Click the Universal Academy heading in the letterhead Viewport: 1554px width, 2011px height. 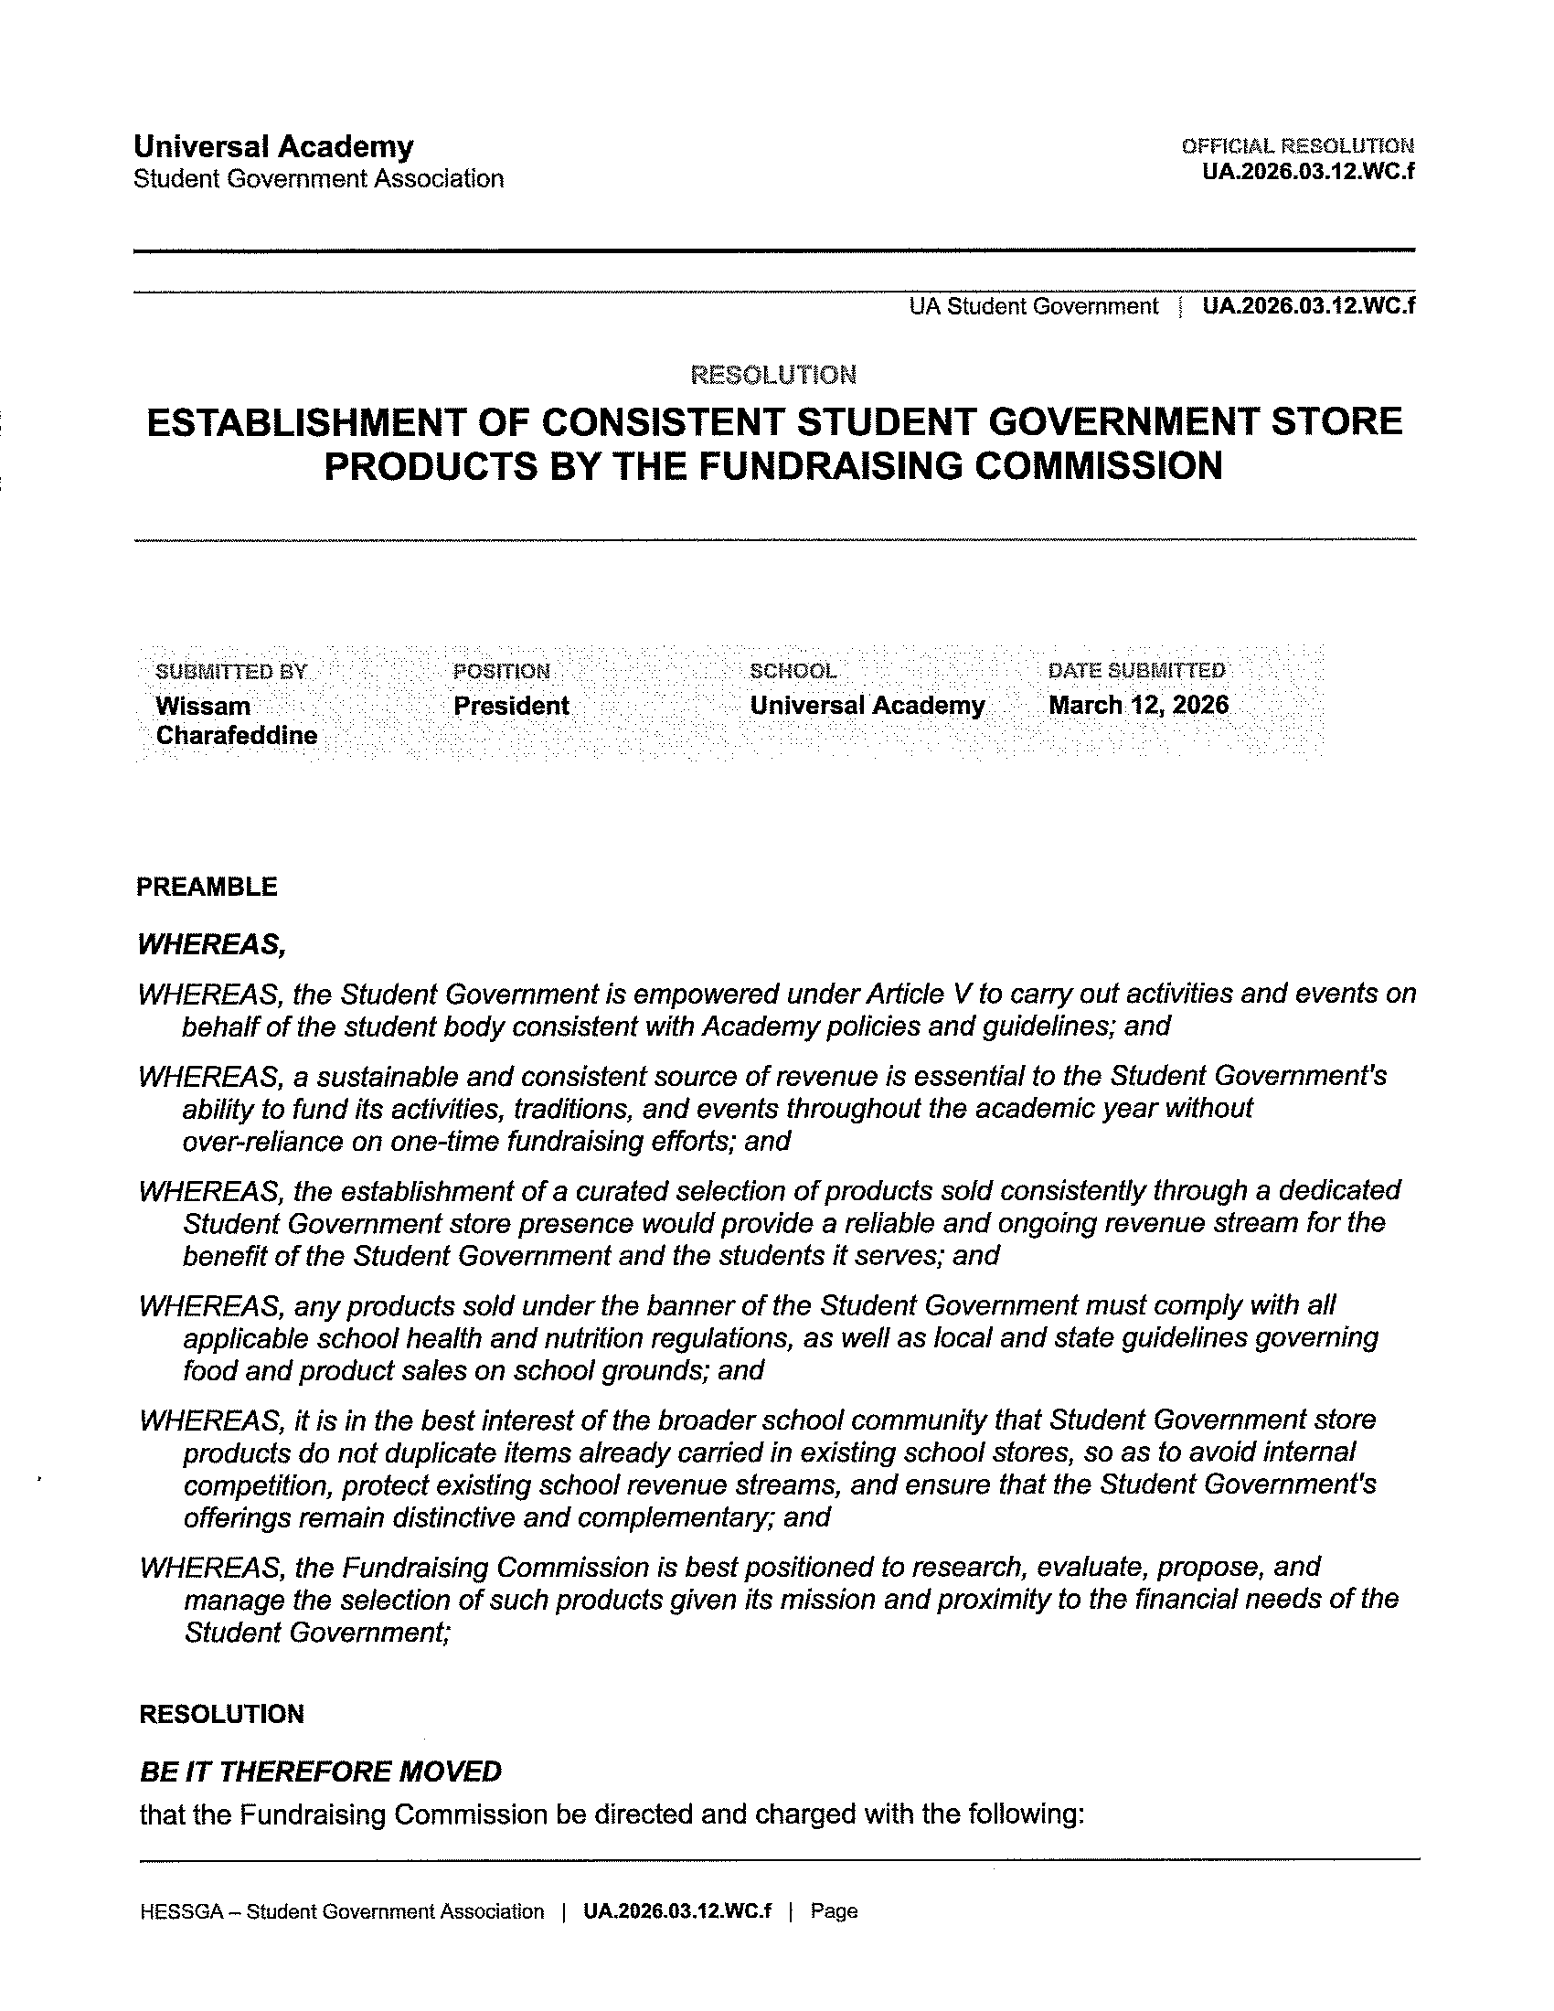click(x=273, y=146)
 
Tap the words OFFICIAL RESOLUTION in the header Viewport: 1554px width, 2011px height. click(x=1297, y=145)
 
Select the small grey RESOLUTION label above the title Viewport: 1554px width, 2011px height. click(x=773, y=375)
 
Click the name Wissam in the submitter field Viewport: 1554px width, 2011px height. click(x=203, y=707)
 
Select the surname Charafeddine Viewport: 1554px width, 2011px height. click(x=237, y=736)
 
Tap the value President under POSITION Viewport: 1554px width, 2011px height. click(x=511, y=707)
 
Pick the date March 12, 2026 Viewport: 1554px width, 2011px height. click(x=1138, y=706)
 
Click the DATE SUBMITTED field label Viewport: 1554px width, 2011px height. click(x=1136, y=670)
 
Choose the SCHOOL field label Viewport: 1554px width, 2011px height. click(x=793, y=671)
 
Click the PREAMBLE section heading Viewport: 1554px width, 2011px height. click(x=208, y=887)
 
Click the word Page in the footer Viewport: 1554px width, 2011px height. click(x=834, y=1911)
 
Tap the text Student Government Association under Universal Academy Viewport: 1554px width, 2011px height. click(x=318, y=178)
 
